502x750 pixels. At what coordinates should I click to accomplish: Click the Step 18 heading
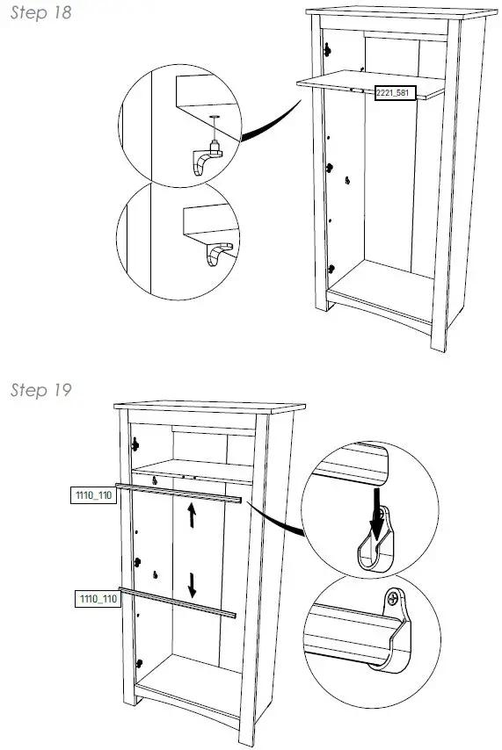coord(40,13)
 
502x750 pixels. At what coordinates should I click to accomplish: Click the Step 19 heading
coord(40,390)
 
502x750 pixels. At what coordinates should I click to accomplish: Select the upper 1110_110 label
coord(92,496)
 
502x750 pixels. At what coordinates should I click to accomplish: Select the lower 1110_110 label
coord(97,599)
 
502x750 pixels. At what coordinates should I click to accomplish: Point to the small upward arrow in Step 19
coord(192,515)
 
